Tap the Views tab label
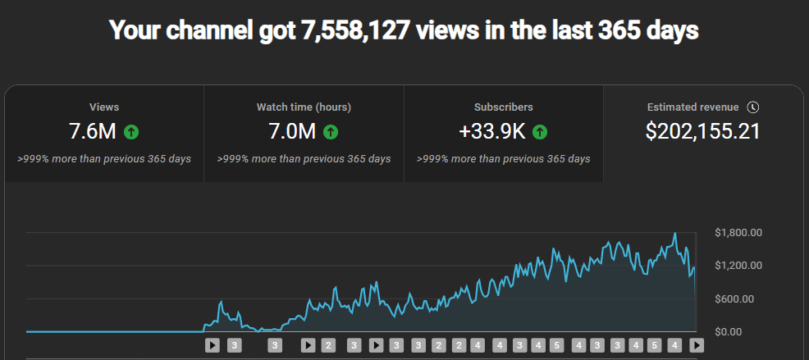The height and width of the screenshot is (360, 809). coord(104,107)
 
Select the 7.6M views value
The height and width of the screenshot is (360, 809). coord(94,131)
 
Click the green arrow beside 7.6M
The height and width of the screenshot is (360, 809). coord(131,131)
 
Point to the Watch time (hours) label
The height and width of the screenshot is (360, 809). coord(304,107)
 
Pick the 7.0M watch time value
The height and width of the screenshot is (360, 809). coord(292,131)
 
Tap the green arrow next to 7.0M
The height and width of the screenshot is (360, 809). coord(331,131)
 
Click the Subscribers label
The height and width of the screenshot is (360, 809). coord(503,107)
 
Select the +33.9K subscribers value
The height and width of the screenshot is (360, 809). coord(492,131)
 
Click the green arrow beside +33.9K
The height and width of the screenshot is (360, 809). coord(540,131)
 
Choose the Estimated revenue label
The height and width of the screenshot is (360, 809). coord(692,107)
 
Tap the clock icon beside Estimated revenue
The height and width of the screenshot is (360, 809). coord(753,107)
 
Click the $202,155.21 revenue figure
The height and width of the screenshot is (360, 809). coord(703,131)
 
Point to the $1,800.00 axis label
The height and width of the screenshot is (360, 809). coord(738,233)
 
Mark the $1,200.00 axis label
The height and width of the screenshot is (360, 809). coord(738,266)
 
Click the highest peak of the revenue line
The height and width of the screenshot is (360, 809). coord(674,234)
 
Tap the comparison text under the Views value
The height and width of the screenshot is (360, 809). coord(104,158)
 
